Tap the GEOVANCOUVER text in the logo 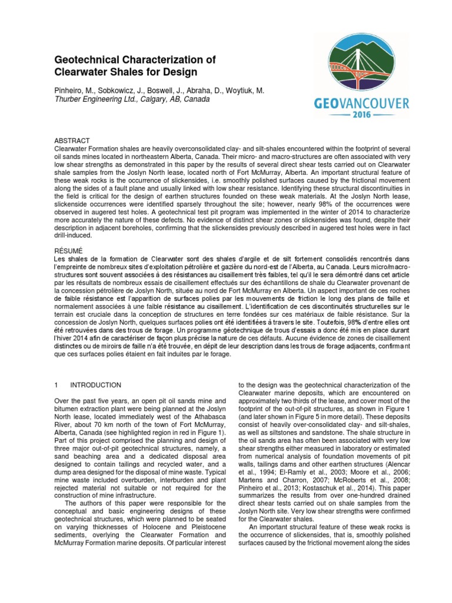pos(361,104)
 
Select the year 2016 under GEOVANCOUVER pos(361,117)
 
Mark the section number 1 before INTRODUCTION pos(56,385)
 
